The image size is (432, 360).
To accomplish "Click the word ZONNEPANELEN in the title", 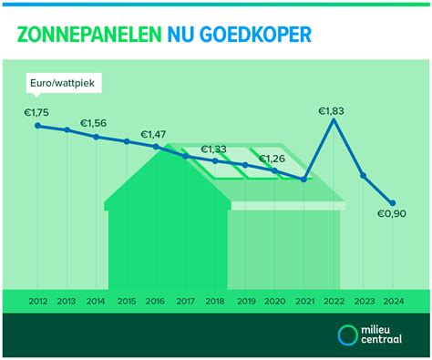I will pos(89,34).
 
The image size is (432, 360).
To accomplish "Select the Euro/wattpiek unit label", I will pos(67,83).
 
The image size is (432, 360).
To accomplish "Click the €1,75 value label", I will pos(37,112).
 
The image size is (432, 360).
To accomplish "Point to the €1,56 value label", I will pos(94,123).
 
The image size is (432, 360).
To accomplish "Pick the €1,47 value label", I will pos(155,134).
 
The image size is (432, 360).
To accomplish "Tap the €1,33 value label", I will pos(215,149).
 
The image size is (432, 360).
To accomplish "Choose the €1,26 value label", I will pos(273,159).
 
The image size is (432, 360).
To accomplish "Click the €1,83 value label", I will pos(334,110).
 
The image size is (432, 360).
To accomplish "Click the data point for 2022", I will pos(334,121).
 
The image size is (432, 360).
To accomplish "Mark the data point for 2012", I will pos(37,125).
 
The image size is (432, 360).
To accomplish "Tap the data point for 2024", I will pos(393,203).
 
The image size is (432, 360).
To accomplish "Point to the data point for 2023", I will pos(364,175).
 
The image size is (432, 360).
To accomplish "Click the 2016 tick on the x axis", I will pos(156,301).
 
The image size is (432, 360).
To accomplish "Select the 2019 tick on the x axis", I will pos(245,301).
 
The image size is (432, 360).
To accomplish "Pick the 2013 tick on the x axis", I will pos(67,301).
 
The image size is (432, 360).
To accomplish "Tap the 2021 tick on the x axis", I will pos(304,301).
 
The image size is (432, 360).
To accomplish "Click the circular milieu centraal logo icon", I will pos(348,335).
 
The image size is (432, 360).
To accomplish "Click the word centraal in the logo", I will pos(386,342).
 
